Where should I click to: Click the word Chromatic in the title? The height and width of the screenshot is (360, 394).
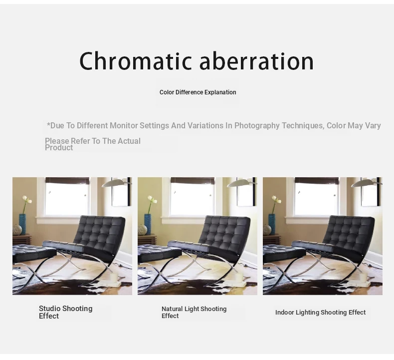coord(136,60)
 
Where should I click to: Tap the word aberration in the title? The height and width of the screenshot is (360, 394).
coord(256,60)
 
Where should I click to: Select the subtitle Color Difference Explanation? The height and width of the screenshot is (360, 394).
coord(198,92)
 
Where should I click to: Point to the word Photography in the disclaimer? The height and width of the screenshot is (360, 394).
coord(257,125)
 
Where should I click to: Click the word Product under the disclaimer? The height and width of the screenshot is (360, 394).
coord(59,148)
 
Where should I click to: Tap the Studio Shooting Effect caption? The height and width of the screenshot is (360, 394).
coord(65,312)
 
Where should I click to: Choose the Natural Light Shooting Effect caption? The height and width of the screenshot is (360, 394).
coord(194,312)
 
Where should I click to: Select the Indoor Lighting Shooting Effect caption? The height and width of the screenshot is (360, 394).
coord(320,313)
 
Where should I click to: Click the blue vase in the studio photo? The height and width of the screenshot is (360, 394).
coord(22,224)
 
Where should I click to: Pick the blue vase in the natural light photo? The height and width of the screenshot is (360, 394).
coord(148,224)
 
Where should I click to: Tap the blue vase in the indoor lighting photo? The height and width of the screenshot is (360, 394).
coord(272,224)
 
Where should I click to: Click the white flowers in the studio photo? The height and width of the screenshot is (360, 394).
coord(27,200)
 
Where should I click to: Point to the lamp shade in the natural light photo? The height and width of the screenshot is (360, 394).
coord(240,183)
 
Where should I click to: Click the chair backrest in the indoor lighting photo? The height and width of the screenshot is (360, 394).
coord(349,232)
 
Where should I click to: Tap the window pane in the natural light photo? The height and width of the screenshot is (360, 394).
coord(192,199)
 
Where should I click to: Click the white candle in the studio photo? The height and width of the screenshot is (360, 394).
coord(114,277)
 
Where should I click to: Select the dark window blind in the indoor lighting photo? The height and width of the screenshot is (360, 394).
coord(317,180)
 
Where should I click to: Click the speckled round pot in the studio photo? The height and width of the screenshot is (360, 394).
coord(17,230)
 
